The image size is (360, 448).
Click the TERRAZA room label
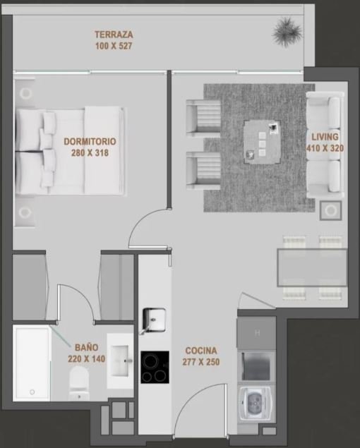[x=114, y=35]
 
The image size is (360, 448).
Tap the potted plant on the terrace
[x=287, y=31]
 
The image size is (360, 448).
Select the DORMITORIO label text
[x=90, y=141]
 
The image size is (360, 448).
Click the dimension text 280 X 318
[x=90, y=153]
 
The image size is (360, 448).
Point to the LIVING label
[x=325, y=137]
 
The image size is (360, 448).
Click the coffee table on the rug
[x=262, y=142]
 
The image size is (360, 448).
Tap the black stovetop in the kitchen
[x=155, y=367]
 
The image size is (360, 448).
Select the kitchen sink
[x=154, y=320]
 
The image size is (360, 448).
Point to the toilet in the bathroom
[x=79, y=383]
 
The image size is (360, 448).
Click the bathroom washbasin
[x=120, y=361]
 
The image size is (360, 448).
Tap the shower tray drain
[x=32, y=392]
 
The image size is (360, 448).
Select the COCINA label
[x=201, y=351]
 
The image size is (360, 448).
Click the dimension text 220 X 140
[x=86, y=359]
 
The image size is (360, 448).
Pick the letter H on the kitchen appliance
[x=258, y=333]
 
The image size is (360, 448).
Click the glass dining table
[x=312, y=267]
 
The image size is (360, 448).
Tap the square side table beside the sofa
[x=331, y=210]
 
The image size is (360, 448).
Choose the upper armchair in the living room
[x=203, y=117]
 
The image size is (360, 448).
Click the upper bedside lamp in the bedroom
[x=25, y=93]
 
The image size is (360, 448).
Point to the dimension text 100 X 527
[x=114, y=46]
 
